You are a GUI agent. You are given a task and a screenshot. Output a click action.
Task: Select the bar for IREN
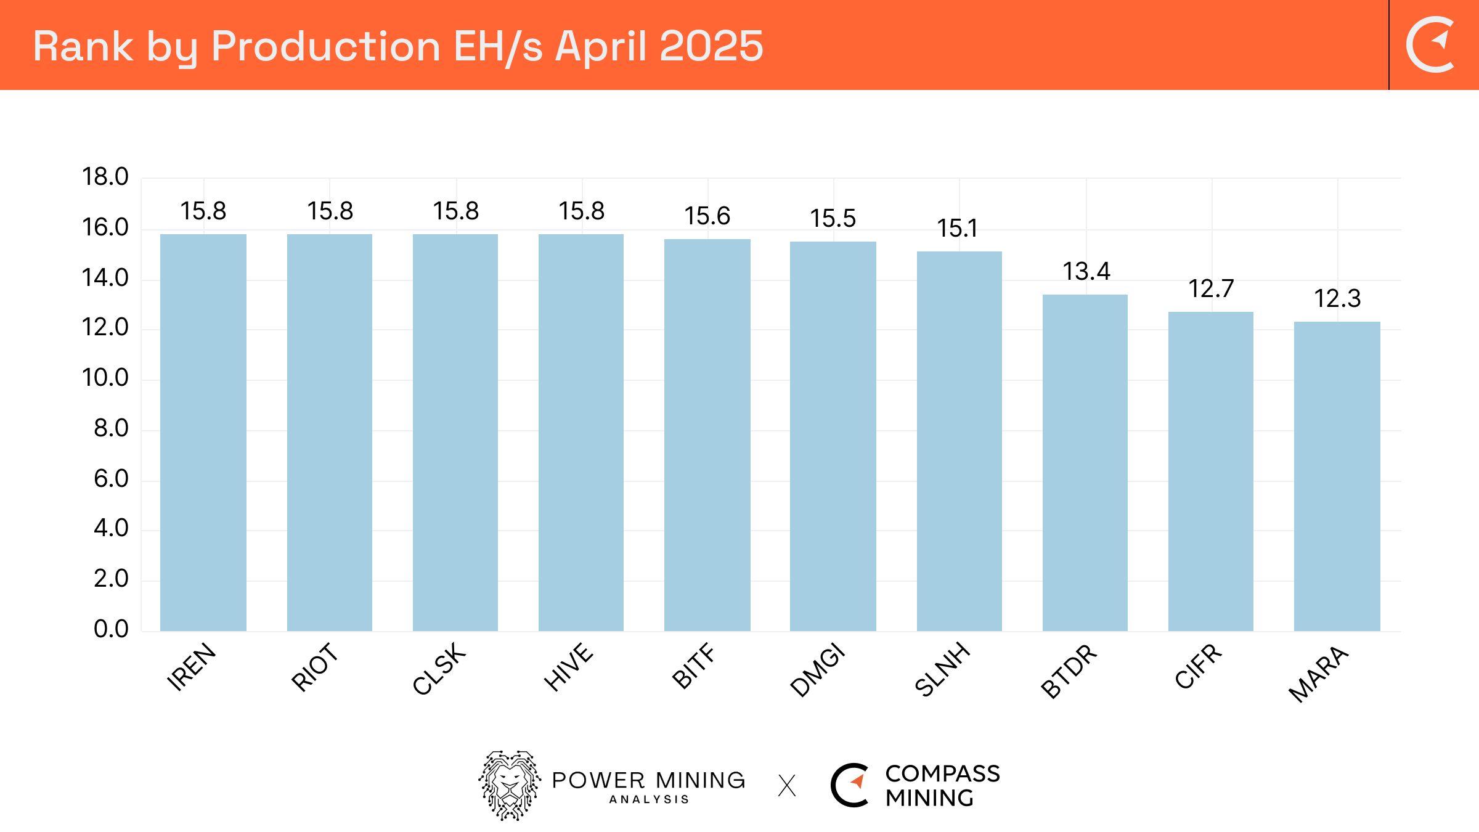[203, 431]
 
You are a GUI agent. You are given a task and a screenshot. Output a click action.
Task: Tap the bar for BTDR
[1085, 462]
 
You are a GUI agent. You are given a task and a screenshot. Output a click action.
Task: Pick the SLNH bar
[959, 441]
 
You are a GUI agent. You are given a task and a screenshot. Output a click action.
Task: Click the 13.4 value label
[1086, 272]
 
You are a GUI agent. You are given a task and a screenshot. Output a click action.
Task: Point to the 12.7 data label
[1211, 289]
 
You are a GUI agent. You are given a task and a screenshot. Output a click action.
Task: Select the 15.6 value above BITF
[707, 216]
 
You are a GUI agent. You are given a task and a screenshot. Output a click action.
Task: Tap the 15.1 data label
[957, 229]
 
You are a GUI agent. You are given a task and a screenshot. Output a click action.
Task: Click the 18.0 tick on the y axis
[105, 177]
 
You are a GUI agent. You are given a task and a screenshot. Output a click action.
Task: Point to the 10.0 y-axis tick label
[105, 378]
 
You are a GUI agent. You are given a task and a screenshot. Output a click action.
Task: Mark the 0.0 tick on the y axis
[111, 629]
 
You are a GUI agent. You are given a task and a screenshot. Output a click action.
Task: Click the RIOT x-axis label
[315, 667]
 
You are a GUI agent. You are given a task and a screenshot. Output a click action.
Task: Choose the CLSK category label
[439, 669]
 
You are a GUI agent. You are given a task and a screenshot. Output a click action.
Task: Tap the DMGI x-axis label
[817, 670]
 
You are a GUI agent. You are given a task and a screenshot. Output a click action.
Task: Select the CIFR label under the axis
[1198, 667]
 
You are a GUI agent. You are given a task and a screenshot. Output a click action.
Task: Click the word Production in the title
[325, 47]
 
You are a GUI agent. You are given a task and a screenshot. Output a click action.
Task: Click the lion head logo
[510, 785]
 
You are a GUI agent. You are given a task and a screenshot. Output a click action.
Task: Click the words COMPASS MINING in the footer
[942, 786]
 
